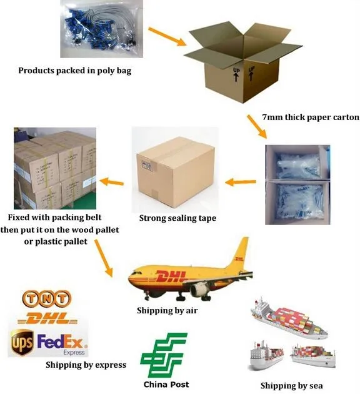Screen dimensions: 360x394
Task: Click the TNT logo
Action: [x=47, y=299]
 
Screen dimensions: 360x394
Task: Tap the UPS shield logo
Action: [x=22, y=342]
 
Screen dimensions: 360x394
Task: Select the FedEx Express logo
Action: [x=62, y=344]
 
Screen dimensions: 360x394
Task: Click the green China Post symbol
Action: [x=164, y=355]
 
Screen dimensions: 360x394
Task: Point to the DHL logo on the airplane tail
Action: [x=239, y=259]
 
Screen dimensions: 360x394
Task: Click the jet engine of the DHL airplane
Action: [x=200, y=289]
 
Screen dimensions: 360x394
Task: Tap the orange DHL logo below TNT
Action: [x=47, y=318]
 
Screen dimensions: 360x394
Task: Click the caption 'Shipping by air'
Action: [x=167, y=311]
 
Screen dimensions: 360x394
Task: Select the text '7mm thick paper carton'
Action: [x=311, y=118]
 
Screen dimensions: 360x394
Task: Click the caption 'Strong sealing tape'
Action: [x=177, y=218]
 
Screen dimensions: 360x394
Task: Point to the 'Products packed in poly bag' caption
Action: [x=75, y=71]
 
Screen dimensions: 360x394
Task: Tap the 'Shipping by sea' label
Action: [x=292, y=385]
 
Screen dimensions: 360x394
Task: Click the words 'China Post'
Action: [x=166, y=385]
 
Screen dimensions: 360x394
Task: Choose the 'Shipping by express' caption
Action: [x=86, y=365]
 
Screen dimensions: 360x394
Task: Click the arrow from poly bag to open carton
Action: [x=167, y=37]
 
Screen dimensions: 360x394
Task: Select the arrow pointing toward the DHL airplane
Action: [x=103, y=258]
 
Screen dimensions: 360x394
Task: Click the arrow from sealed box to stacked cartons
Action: [x=112, y=181]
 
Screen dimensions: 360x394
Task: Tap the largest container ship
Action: [x=289, y=318]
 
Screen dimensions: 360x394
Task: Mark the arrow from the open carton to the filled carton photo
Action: [x=257, y=126]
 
